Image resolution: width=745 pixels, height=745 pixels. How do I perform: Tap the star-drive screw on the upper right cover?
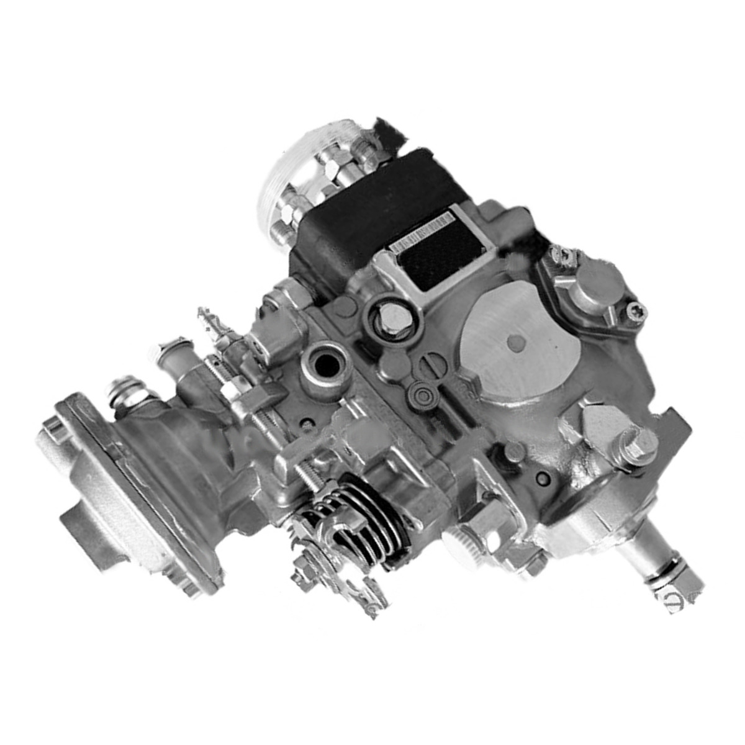pyautogui.click(x=634, y=309)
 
